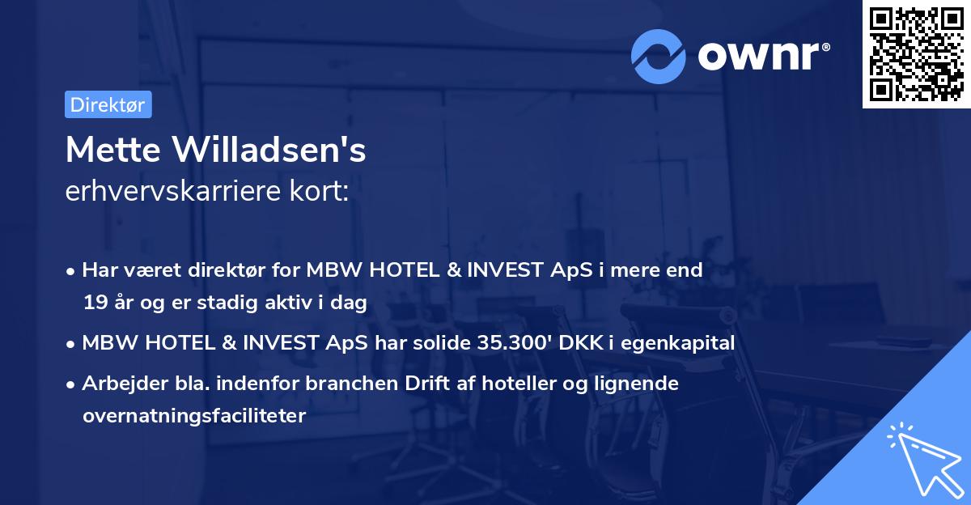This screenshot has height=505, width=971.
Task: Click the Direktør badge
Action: point(108,104)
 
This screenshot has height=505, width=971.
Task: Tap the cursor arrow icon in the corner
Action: point(922,456)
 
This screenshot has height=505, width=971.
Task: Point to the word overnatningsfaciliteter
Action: point(193,416)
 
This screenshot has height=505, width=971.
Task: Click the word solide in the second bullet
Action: point(435,343)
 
